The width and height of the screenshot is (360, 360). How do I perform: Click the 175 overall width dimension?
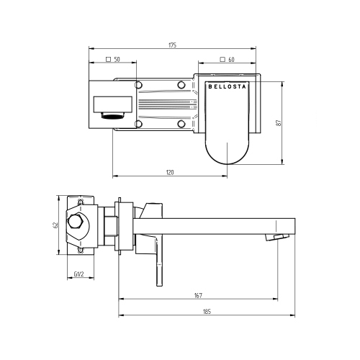172,45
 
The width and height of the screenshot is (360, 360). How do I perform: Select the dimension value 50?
117,60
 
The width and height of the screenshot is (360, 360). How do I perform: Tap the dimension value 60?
232,60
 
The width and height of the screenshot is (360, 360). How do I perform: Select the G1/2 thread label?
80,273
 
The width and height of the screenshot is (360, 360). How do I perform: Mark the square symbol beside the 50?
107,60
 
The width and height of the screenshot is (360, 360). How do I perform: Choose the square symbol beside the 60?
222,60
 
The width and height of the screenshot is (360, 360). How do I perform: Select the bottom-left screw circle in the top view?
139,124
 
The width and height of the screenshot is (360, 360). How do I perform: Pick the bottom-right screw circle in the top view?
181,124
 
